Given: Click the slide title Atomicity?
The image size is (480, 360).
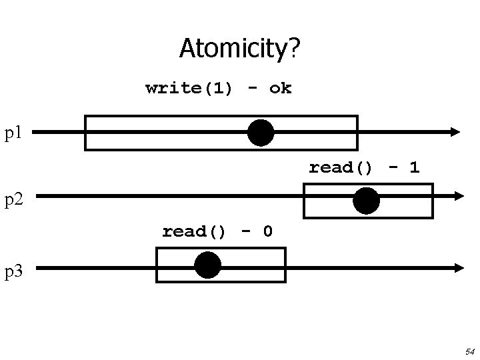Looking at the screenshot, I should tap(240, 49).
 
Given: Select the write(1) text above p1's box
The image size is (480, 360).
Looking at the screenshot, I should tap(189, 88).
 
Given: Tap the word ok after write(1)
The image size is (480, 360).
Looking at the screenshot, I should tap(281, 88).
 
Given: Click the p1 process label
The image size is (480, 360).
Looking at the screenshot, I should tap(14, 133).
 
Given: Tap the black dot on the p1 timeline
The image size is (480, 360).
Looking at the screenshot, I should tap(261, 133).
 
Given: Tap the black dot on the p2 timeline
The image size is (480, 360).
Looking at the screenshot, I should tap(366, 201).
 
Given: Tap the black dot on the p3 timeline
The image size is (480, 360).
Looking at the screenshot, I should tap(208, 265).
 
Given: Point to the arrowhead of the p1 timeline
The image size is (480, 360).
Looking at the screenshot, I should tap(455, 132).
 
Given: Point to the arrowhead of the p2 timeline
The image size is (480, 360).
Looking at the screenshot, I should tap(458, 196).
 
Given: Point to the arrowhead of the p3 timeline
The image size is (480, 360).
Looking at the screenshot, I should tap(458, 267).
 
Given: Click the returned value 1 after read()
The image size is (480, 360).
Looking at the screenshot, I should tap(415, 167).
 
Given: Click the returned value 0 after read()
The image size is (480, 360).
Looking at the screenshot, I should tap(267, 231).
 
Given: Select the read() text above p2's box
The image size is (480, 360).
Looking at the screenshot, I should tap(341, 167).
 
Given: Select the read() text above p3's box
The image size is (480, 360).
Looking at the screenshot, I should tap(194, 231).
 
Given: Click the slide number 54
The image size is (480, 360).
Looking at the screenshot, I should tap(469, 351).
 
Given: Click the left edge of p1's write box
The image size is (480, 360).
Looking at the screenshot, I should tap(85, 133).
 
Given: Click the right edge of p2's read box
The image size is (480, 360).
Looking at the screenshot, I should tap(432, 201).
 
